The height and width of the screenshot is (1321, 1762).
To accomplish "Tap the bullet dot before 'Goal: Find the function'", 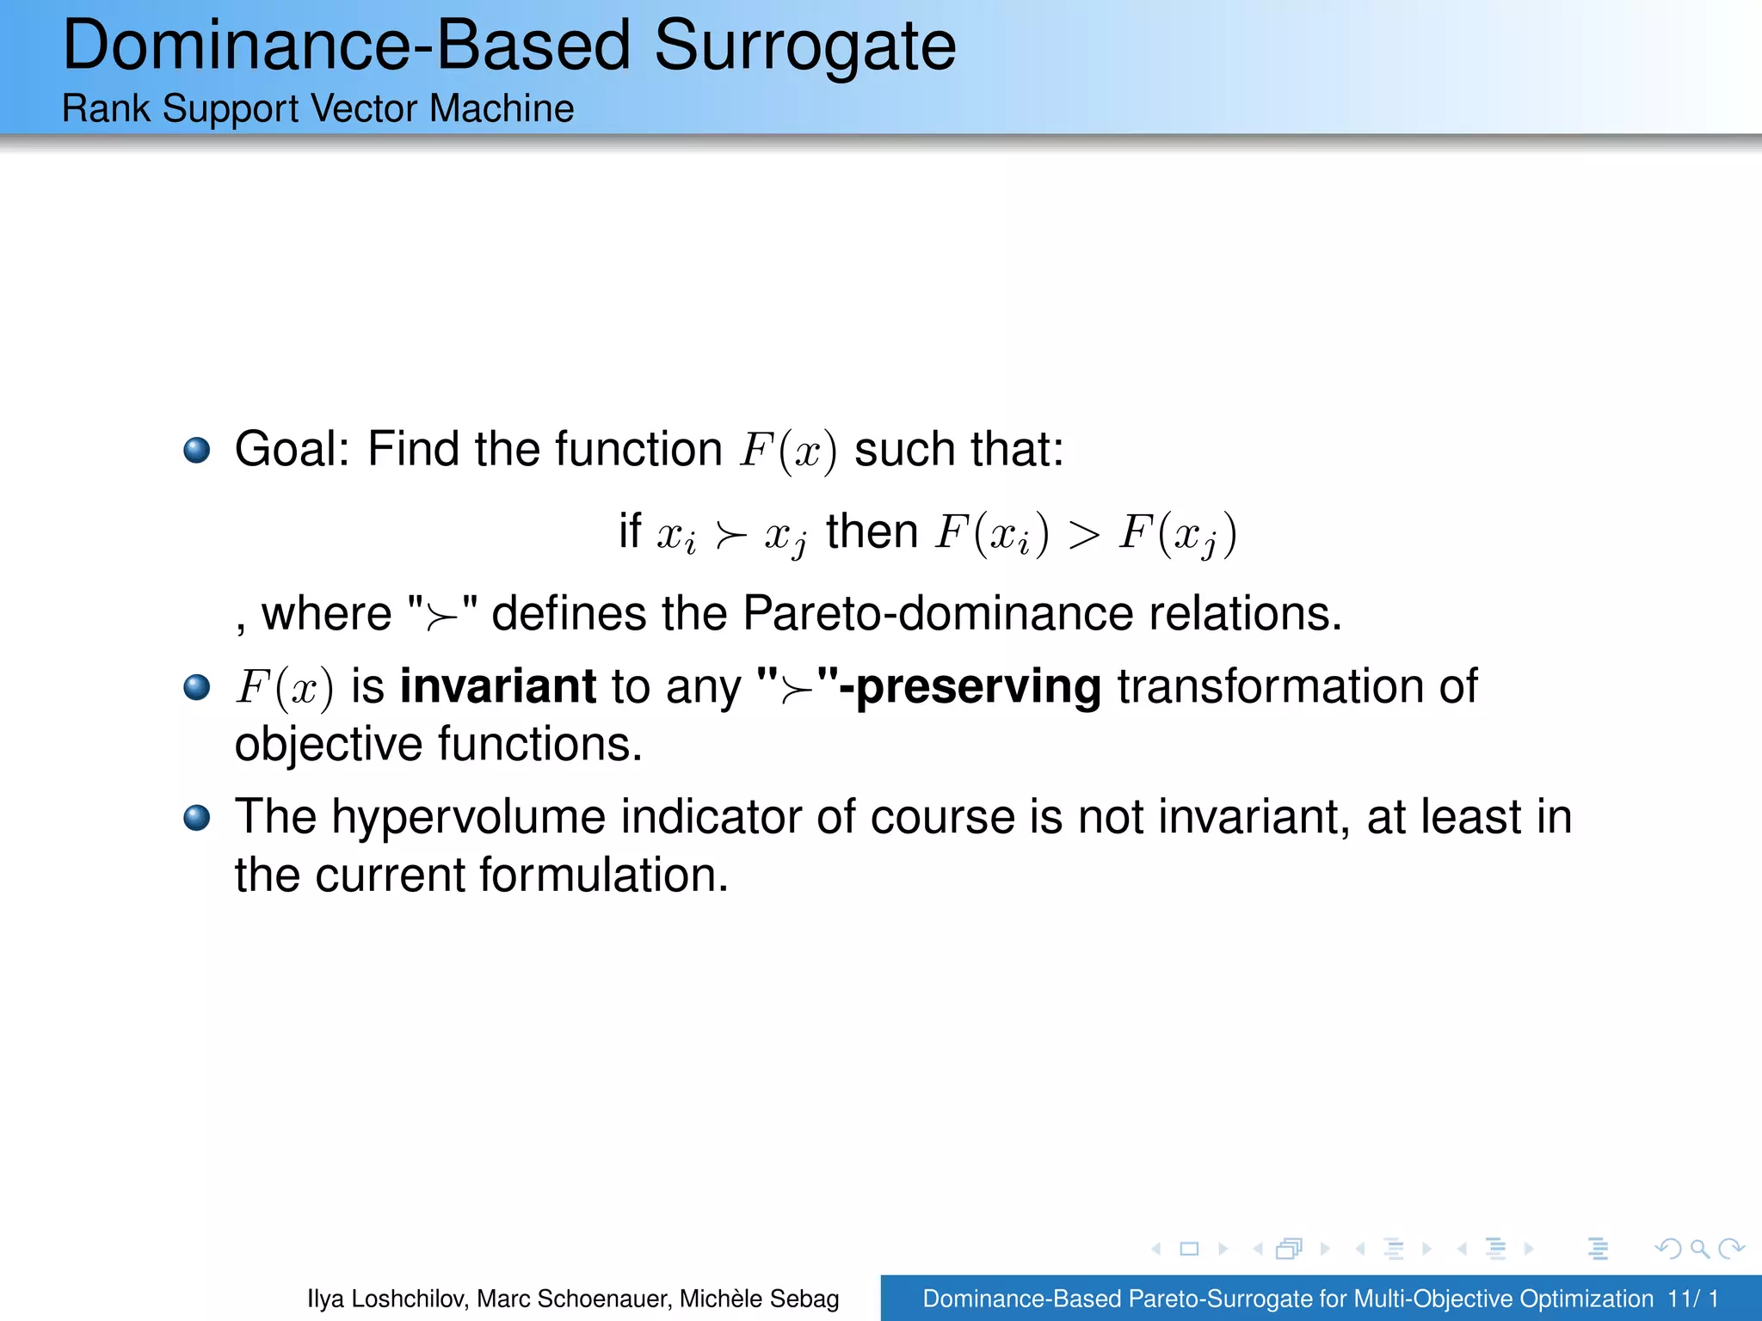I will pyautogui.click(x=197, y=450).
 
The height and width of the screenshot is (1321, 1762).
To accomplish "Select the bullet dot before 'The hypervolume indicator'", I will pyautogui.click(x=197, y=818).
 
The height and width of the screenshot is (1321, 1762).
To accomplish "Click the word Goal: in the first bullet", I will pyautogui.click(x=293, y=450).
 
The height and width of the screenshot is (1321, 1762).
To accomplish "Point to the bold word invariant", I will pyautogui.click(x=498, y=686).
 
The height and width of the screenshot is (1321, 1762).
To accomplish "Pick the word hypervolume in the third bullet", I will pyautogui.click(x=469, y=817).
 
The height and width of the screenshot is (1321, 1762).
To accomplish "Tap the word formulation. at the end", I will pyautogui.click(x=604, y=876).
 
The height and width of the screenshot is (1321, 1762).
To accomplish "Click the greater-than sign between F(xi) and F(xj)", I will pyautogui.click(x=1084, y=535).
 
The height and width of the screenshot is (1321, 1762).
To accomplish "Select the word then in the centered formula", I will pyautogui.click(x=872, y=531).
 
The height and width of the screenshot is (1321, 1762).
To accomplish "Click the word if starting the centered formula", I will pyautogui.click(x=630, y=531).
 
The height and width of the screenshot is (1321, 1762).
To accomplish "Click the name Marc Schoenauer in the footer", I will pyautogui.click(x=573, y=1299).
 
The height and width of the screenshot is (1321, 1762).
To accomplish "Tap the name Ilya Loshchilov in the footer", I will pyautogui.click(x=387, y=1299).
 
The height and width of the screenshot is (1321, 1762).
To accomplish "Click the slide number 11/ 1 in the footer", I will pyautogui.click(x=1692, y=1299).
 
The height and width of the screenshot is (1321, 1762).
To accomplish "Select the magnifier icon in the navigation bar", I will pyautogui.click(x=1699, y=1248).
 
